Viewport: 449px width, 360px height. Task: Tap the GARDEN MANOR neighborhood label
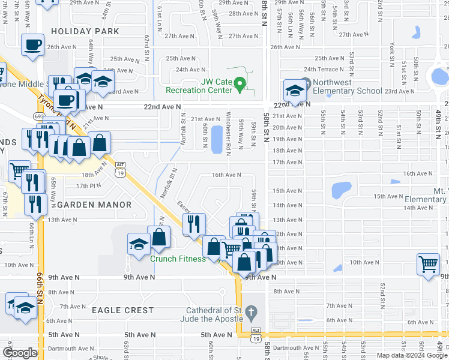click(94, 205)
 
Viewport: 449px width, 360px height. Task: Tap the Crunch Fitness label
click(177, 259)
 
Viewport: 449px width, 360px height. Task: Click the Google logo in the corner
click(20, 353)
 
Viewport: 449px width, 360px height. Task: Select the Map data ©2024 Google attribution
click(412, 355)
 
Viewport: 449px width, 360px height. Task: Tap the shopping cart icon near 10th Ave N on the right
click(429, 263)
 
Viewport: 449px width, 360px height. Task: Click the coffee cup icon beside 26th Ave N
click(32, 44)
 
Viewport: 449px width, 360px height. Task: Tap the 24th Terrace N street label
click(326, 70)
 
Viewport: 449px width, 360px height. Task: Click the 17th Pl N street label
click(89, 185)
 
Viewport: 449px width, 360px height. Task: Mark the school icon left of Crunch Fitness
click(138, 245)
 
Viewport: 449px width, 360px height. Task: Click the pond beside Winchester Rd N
click(215, 139)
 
